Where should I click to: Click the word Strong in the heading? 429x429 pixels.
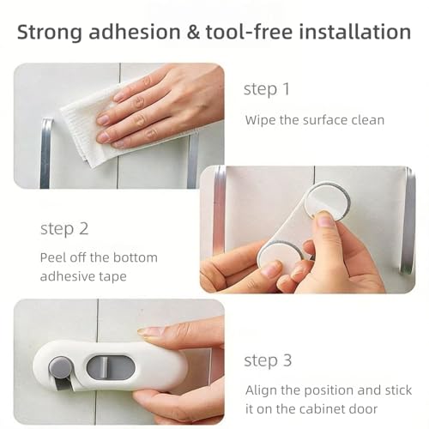(x=50, y=32)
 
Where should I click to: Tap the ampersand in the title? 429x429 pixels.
(x=194, y=32)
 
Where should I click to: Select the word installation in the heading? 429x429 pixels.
(x=355, y=32)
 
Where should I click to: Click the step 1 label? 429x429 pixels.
(x=267, y=89)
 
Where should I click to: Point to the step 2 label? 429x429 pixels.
(x=64, y=229)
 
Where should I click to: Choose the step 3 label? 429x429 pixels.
(x=268, y=360)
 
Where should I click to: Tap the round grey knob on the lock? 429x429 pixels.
(x=60, y=366)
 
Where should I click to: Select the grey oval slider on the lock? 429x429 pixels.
(x=111, y=366)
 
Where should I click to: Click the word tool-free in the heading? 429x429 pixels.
(x=250, y=32)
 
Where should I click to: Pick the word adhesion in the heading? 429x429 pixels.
(x=135, y=32)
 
